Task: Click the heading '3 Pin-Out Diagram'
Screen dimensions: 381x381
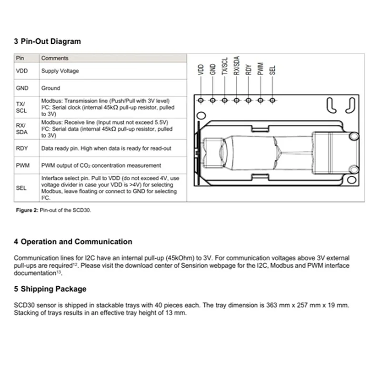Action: click(x=47, y=41)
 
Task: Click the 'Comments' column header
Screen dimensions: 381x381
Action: click(x=55, y=58)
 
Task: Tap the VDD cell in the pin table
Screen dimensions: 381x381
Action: click(x=22, y=71)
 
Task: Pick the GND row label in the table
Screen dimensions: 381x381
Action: click(x=22, y=88)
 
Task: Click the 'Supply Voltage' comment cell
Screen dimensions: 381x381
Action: click(x=60, y=71)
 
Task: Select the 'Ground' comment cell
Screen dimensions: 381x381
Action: click(x=50, y=88)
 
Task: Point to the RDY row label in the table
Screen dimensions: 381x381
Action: click(x=22, y=149)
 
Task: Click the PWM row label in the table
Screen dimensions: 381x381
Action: click(x=22, y=165)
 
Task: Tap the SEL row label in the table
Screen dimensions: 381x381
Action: click(x=22, y=188)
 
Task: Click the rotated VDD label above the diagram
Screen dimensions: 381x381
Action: click(x=201, y=69)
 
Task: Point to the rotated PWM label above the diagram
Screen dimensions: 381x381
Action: click(x=261, y=69)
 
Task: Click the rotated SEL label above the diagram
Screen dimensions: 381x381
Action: click(x=272, y=70)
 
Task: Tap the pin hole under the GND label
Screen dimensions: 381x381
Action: click(x=213, y=100)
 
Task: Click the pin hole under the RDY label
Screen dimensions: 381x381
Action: click(x=249, y=100)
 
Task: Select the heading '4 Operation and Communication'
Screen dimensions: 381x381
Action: click(x=73, y=242)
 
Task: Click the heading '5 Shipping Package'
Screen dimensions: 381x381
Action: click(x=50, y=289)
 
